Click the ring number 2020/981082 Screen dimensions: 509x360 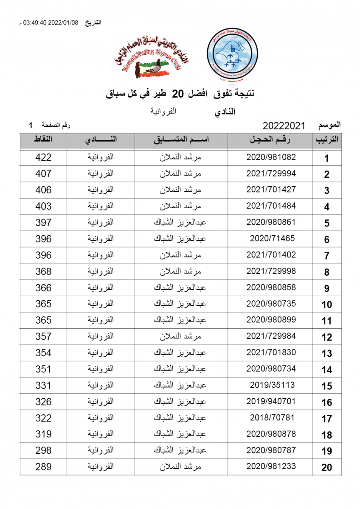point(271,157)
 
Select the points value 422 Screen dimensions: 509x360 point(43,157)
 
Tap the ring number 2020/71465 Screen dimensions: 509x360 point(272,238)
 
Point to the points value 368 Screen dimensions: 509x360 point(43,271)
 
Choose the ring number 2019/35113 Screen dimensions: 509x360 point(272,385)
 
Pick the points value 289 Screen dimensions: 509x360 point(43,467)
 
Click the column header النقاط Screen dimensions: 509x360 point(43,140)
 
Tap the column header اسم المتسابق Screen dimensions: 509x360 point(181,140)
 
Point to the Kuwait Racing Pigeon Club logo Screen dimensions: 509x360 point(152,58)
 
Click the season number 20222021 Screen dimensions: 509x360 point(284,126)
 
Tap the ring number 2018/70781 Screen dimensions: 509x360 point(272,417)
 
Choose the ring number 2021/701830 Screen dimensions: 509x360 point(271,352)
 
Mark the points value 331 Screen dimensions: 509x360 point(43,386)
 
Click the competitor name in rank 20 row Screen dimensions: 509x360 point(180,467)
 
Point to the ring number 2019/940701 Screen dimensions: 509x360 point(271,401)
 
